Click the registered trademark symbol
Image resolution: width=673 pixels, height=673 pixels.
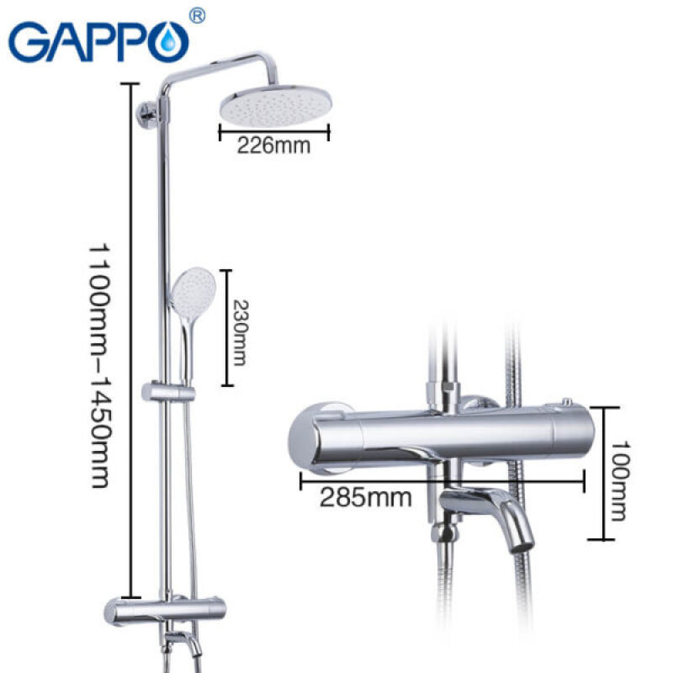196,16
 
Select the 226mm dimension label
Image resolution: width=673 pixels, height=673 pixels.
273,146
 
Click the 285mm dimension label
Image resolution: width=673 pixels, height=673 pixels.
365,497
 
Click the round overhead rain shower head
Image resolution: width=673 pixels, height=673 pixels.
274,106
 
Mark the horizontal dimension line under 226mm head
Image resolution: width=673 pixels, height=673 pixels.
274,130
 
